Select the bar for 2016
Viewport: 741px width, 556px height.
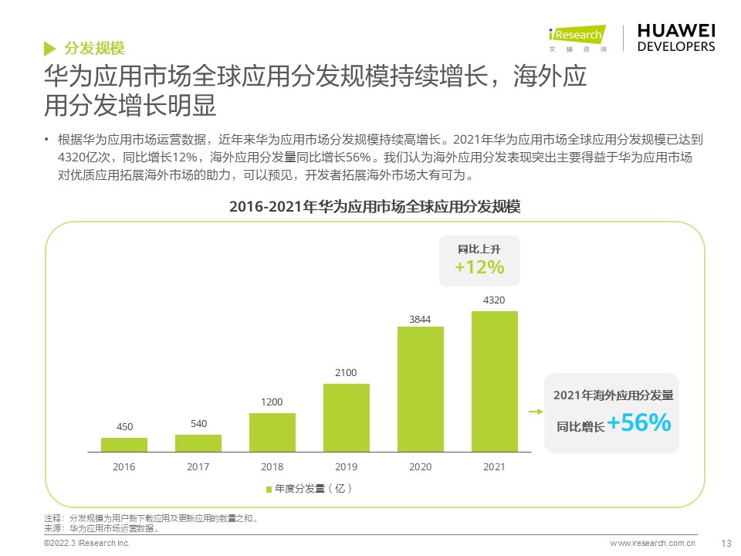tap(123, 444)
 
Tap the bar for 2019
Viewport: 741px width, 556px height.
tap(346, 417)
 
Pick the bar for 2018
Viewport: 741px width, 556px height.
tap(272, 432)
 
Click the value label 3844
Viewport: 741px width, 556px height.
tap(420, 319)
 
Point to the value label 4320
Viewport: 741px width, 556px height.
tap(494, 300)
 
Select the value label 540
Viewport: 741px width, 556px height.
tap(198, 424)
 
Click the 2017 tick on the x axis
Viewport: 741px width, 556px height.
tap(198, 466)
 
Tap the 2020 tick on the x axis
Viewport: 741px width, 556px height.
tap(420, 466)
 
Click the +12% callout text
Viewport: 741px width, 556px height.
tap(479, 267)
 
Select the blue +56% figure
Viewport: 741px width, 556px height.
tap(638, 423)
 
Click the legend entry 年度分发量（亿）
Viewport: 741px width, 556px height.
tap(309, 489)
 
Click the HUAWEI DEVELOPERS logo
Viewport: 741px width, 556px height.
tap(675, 37)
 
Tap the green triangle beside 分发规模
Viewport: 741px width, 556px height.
tap(49, 48)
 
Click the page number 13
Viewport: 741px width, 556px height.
tap(725, 543)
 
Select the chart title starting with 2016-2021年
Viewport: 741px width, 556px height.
tap(375, 207)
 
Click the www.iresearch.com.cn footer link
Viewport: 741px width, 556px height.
tap(653, 544)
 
